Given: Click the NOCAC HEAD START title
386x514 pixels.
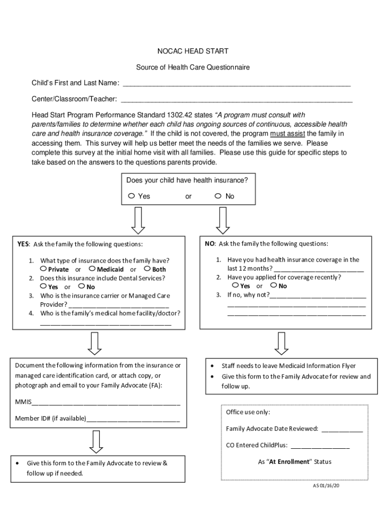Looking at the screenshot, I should (193, 51).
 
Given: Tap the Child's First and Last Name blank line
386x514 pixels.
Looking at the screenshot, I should (236, 85).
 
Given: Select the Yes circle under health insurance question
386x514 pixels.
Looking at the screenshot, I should (131, 196).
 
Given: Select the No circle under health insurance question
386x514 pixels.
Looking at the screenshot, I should (218, 196).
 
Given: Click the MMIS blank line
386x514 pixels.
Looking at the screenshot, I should (106, 403).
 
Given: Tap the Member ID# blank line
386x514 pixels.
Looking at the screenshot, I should (133, 420).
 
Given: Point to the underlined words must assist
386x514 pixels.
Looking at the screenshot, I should (287, 134).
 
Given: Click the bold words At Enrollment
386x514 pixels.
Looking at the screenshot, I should (289, 462).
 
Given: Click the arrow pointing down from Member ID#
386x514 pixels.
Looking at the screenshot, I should (96, 442).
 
